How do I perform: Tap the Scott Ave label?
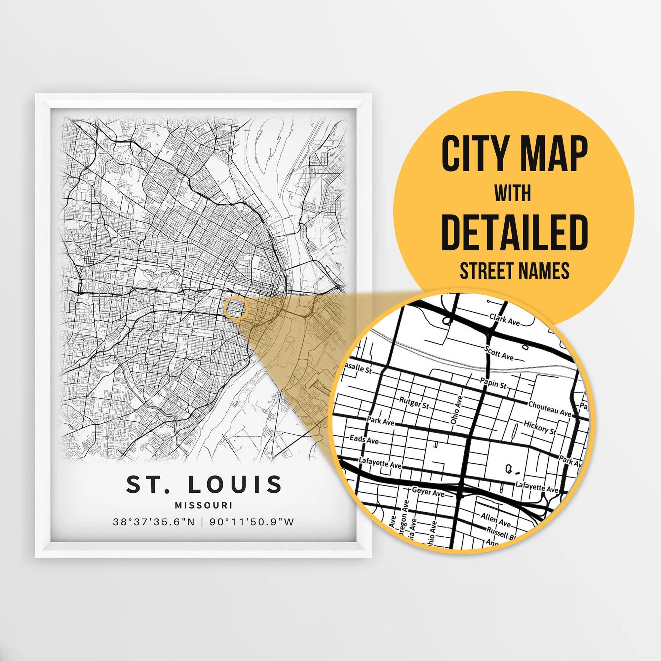click(499, 353)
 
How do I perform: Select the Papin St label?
click(493, 383)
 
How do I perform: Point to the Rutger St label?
click(414, 403)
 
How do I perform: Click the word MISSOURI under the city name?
click(203, 505)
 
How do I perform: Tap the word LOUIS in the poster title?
click(235, 484)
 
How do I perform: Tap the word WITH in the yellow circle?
click(513, 193)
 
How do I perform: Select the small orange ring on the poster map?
click(235, 308)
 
